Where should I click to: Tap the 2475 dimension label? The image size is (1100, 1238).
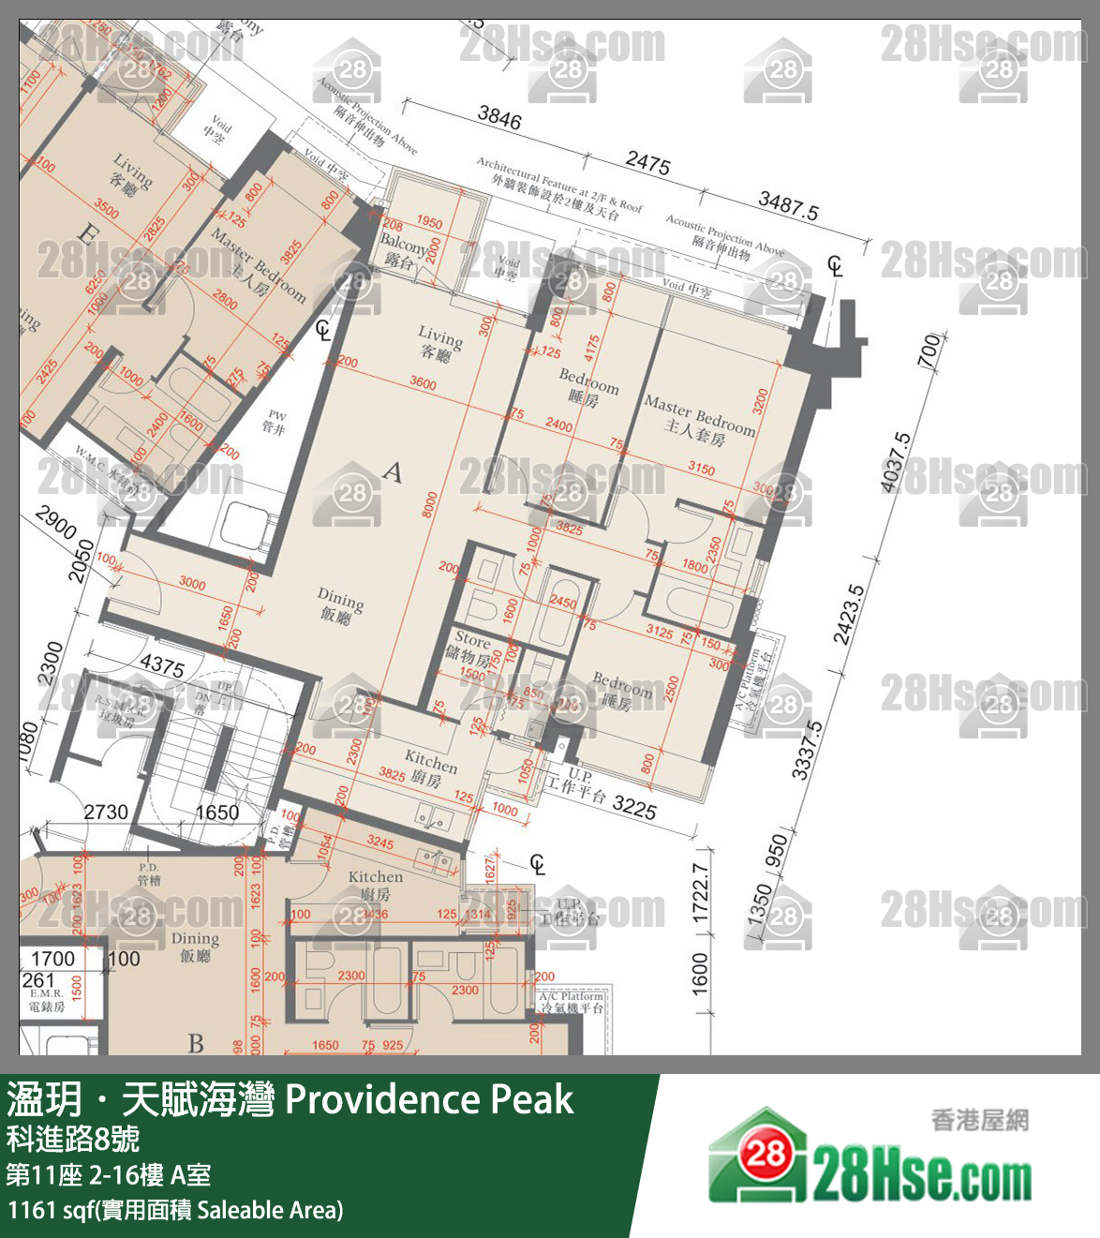647,164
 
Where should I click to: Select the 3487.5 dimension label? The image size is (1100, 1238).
788,205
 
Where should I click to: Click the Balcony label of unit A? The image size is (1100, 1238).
403,250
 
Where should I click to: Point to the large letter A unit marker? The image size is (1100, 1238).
393,471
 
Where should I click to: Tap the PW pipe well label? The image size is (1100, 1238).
275,421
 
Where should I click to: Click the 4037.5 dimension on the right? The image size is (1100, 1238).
896,462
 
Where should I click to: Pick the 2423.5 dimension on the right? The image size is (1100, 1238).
849,615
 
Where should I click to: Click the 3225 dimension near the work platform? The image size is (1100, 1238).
633,807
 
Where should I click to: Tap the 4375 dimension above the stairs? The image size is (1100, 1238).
161,665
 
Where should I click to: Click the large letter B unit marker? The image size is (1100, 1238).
195,1042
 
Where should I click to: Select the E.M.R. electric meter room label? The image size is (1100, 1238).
46,999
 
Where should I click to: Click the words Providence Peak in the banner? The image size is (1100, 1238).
428,1099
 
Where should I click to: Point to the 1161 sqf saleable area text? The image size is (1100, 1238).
175,1210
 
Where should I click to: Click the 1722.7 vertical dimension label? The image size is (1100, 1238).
700,893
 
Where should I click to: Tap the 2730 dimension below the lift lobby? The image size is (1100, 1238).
105,812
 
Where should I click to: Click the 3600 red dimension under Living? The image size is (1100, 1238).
423,383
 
